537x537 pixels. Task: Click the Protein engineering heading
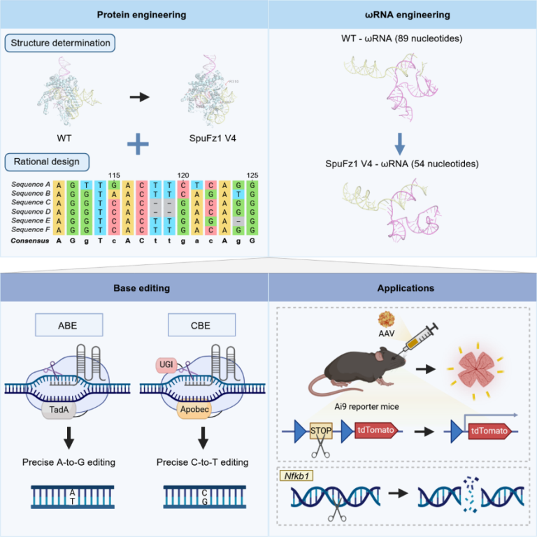tap(134, 14)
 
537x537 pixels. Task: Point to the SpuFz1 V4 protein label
tap(212, 138)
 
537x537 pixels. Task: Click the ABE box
tap(69, 324)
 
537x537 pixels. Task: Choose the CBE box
tap(200, 324)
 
